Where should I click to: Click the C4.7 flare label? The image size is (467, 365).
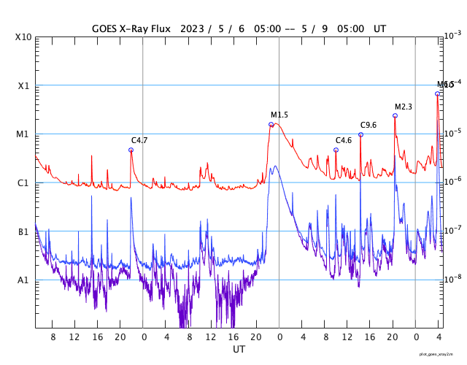click(x=139, y=139)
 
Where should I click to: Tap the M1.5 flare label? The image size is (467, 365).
click(x=279, y=115)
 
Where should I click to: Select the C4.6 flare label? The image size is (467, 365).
click(x=344, y=140)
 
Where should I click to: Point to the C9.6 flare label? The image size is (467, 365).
click(x=368, y=125)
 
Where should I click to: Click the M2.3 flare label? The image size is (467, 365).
click(x=404, y=107)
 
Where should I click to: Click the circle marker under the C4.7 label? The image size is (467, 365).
click(x=131, y=150)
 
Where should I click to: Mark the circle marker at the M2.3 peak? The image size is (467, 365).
click(x=395, y=115)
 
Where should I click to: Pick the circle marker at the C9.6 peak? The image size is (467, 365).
click(x=360, y=134)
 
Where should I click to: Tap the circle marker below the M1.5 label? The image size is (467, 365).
click(x=271, y=124)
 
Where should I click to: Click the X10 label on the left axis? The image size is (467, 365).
click(x=23, y=37)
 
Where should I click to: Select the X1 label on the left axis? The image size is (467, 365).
click(x=23, y=85)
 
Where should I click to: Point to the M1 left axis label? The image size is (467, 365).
click(x=23, y=134)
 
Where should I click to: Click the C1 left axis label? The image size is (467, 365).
click(x=23, y=182)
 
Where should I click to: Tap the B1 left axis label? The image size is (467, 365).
click(x=23, y=231)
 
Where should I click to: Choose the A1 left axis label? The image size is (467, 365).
click(x=23, y=280)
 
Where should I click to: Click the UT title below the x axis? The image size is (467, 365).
click(x=239, y=350)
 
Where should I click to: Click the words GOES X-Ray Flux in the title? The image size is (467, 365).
click(x=132, y=28)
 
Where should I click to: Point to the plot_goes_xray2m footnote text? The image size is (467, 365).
click(x=441, y=354)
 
